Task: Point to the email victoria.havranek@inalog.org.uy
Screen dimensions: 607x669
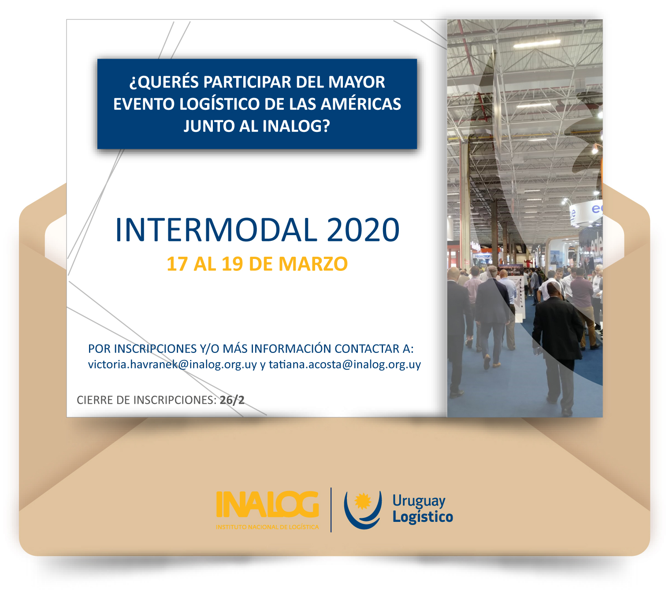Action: click(172, 365)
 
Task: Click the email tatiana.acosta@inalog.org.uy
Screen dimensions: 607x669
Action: click(345, 365)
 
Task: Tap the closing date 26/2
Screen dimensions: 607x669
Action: click(232, 400)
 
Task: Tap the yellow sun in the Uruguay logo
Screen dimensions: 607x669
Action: click(363, 501)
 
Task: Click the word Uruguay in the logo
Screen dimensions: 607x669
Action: click(419, 502)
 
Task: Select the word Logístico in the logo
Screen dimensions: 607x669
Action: click(423, 517)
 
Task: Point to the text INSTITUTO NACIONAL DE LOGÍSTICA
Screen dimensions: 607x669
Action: click(267, 527)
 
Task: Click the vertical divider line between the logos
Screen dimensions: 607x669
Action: click(331, 510)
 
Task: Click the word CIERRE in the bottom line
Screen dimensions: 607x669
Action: click(95, 400)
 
